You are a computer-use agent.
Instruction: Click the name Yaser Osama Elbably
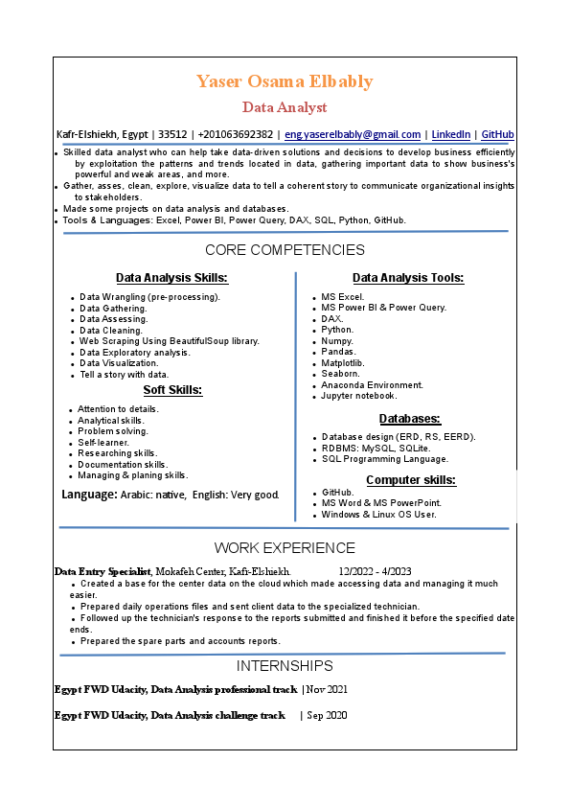coord(285,81)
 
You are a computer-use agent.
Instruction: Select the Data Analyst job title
coord(285,107)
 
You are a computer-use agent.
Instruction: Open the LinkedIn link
coord(450,135)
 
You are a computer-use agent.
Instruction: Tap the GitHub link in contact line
coord(497,135)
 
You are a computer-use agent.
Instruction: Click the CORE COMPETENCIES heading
coord(285,250)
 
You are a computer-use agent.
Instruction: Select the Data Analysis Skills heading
coord(171,278)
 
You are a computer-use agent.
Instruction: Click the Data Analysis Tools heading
coord(408,278)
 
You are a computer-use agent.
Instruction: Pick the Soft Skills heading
coord(172,390)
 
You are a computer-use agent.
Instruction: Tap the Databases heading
coord(409,419)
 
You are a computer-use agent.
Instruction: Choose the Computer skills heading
coord(410,480)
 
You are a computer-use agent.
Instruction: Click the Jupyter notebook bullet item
coord(358,396)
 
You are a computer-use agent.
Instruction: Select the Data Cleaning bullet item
coord(111,331)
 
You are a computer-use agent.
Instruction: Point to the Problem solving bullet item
coord(113,431)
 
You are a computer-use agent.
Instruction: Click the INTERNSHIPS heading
coord(285,666)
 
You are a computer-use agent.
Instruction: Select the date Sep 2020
coord(327,716)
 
